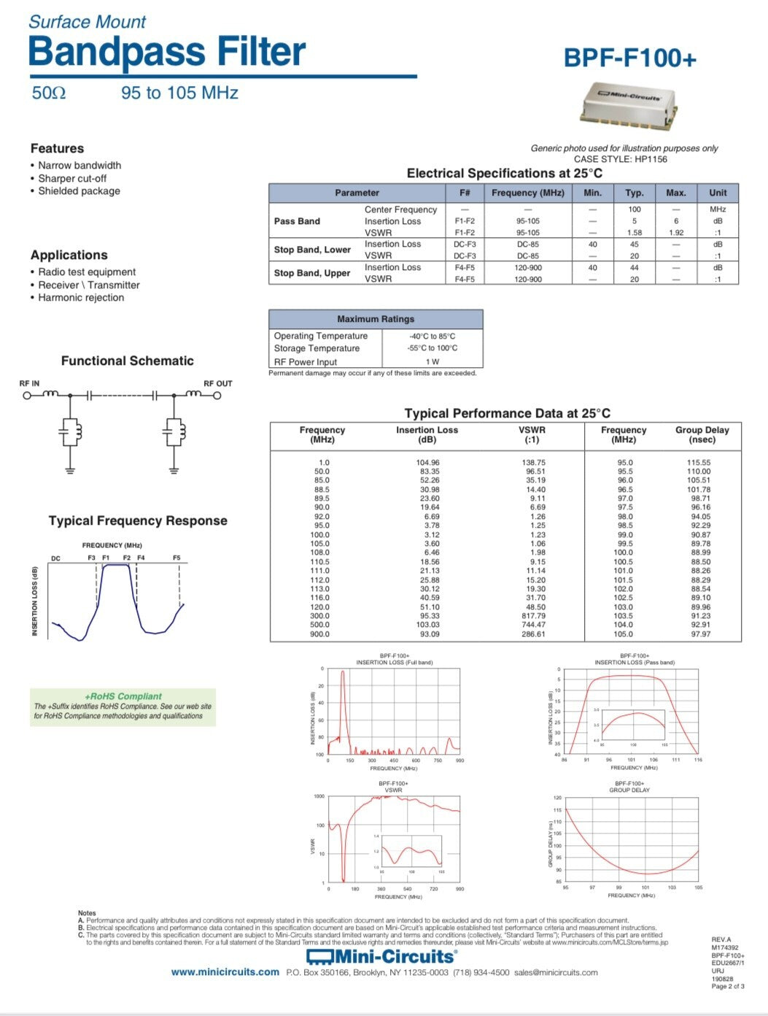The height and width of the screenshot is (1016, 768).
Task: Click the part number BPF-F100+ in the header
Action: point(629,58)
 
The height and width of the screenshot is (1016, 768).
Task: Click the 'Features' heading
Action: point(57,148)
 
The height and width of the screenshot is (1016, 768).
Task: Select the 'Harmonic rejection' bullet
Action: point(81,298)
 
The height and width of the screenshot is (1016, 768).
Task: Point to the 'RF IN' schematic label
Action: point(29,383)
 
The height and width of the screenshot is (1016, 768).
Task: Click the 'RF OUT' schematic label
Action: point(217,383)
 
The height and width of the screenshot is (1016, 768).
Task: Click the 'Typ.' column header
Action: point(634,193)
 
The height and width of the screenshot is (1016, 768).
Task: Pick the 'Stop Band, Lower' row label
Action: point(312,250)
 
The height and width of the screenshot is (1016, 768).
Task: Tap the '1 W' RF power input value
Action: point(432,361)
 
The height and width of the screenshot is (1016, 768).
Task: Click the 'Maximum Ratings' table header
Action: point(375,319)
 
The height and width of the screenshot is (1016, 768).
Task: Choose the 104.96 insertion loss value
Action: point(427,463)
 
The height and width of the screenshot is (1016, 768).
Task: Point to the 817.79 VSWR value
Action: point(533,616)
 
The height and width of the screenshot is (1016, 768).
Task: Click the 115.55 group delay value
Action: point(698,463)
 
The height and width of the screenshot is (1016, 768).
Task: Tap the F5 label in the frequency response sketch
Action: point(177,558)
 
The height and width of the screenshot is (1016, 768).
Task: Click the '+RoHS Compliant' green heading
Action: point(123,696)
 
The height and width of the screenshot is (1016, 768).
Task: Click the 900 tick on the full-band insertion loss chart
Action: point(459,761)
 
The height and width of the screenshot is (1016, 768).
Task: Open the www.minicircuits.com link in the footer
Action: point(225,972)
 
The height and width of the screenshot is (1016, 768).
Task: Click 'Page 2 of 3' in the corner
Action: point(727,986)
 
